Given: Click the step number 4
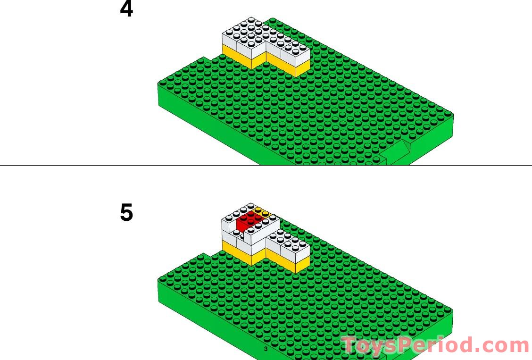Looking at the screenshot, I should [x=126, y=9].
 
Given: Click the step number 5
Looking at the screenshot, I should [x=126, y=213].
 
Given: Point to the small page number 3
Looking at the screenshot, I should [x=266, y=349].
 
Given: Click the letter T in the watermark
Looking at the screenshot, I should [x=351, y=346].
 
